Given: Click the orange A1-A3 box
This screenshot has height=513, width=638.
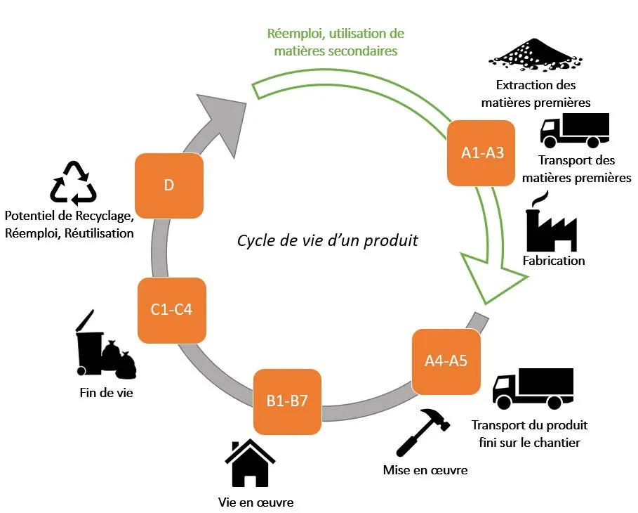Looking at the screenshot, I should (482, 153).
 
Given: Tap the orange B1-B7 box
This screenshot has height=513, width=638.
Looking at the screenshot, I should (287, 401).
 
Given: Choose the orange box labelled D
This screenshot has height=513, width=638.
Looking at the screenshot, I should (168, 186).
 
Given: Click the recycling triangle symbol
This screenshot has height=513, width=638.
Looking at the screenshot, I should (73, 183).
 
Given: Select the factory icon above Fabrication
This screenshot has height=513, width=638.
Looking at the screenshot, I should (551, 223).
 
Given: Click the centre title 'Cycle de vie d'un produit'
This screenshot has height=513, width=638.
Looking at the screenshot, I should (327, 240).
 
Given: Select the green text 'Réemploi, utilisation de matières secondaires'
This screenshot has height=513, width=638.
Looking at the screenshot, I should (335, 42).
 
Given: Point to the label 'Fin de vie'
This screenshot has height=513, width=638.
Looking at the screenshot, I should (106, 393).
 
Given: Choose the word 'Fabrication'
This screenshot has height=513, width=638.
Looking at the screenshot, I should (553, 261).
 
